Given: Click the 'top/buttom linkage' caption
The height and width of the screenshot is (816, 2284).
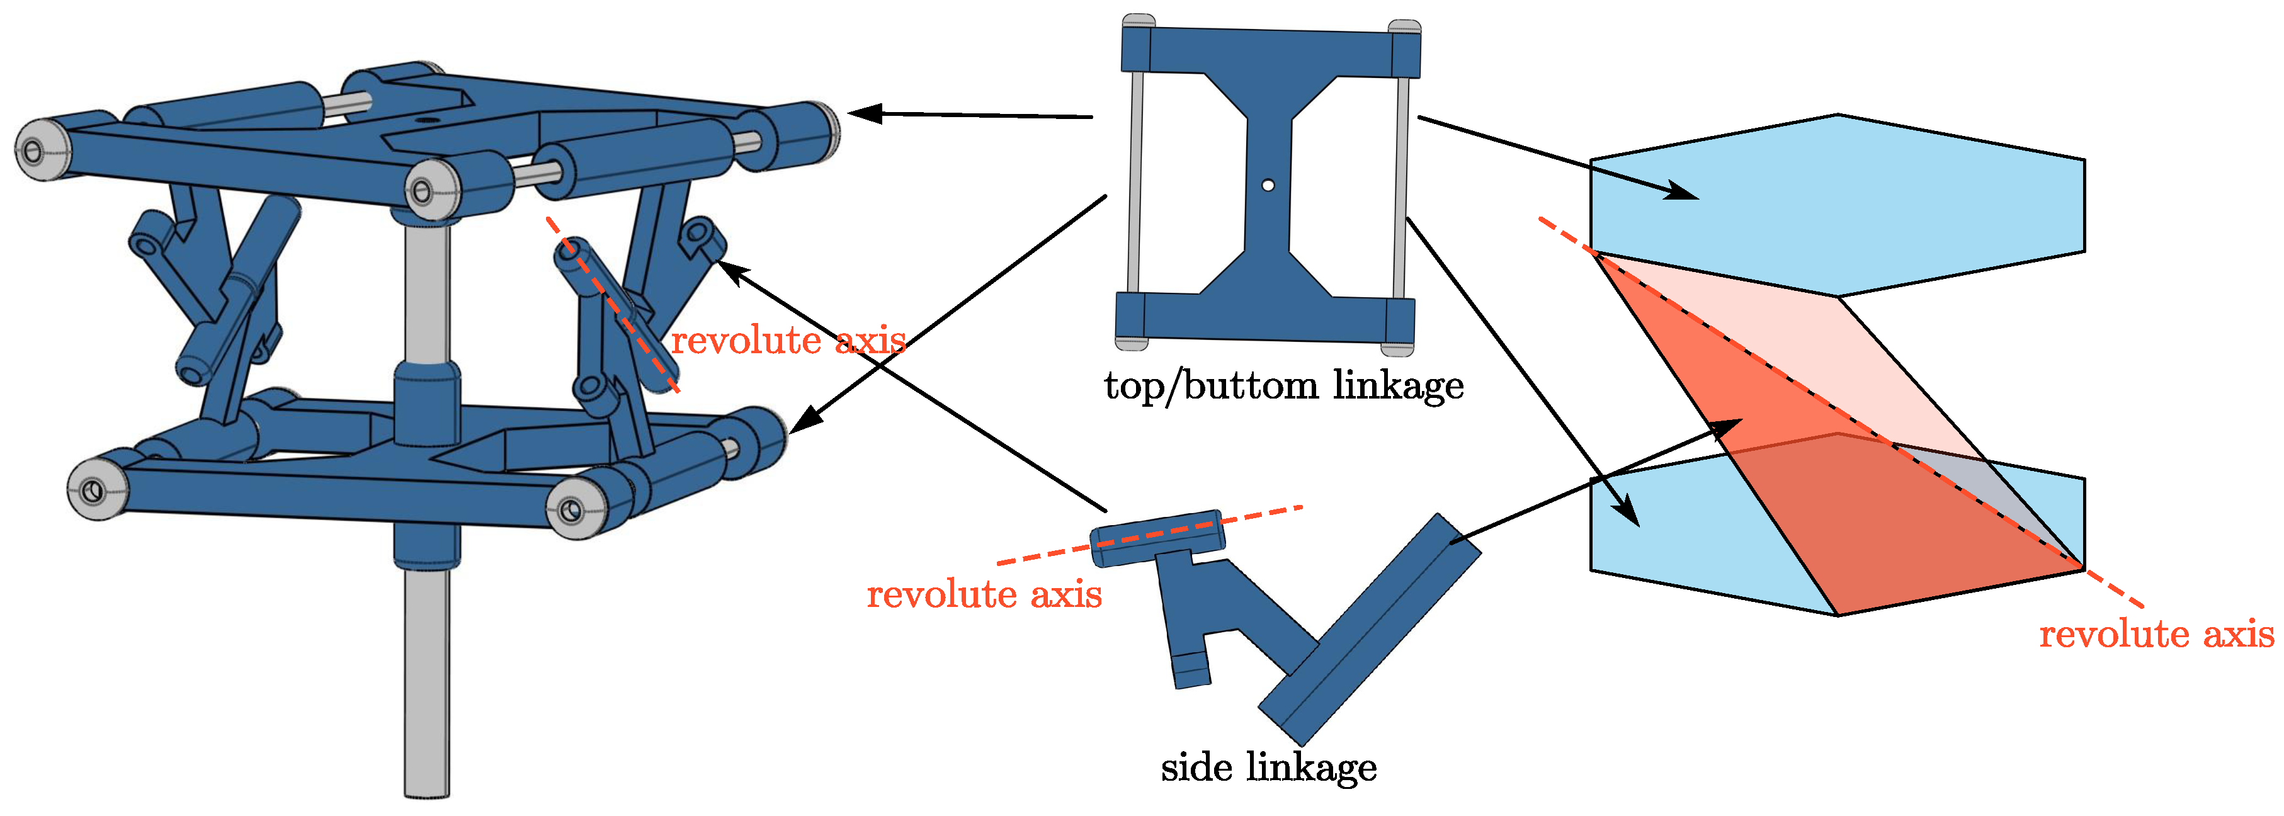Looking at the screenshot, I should [x=1283, y=386].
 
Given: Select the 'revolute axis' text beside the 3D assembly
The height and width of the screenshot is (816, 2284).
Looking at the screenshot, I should [x=787, y=341].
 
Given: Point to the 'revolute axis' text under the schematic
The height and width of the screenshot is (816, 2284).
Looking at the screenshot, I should [x=2156, y=634].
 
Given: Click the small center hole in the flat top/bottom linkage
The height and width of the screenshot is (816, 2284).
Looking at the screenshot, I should [x=1268, y=185].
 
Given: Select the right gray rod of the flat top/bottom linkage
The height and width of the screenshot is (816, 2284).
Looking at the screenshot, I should [x=1401, y=186].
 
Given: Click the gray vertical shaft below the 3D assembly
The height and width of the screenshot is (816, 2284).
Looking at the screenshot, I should [x=426, y=683].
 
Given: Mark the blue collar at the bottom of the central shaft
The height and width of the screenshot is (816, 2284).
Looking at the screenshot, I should [x=426, y=545].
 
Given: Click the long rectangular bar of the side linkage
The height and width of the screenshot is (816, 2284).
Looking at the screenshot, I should [x=1370, y=630].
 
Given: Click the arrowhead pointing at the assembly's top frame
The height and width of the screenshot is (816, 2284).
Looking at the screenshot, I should [x=865, y=113].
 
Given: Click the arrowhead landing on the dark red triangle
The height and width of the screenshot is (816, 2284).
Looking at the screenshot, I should [x=1729, y=428].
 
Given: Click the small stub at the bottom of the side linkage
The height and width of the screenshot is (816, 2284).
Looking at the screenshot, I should [x=1191, y=670].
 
